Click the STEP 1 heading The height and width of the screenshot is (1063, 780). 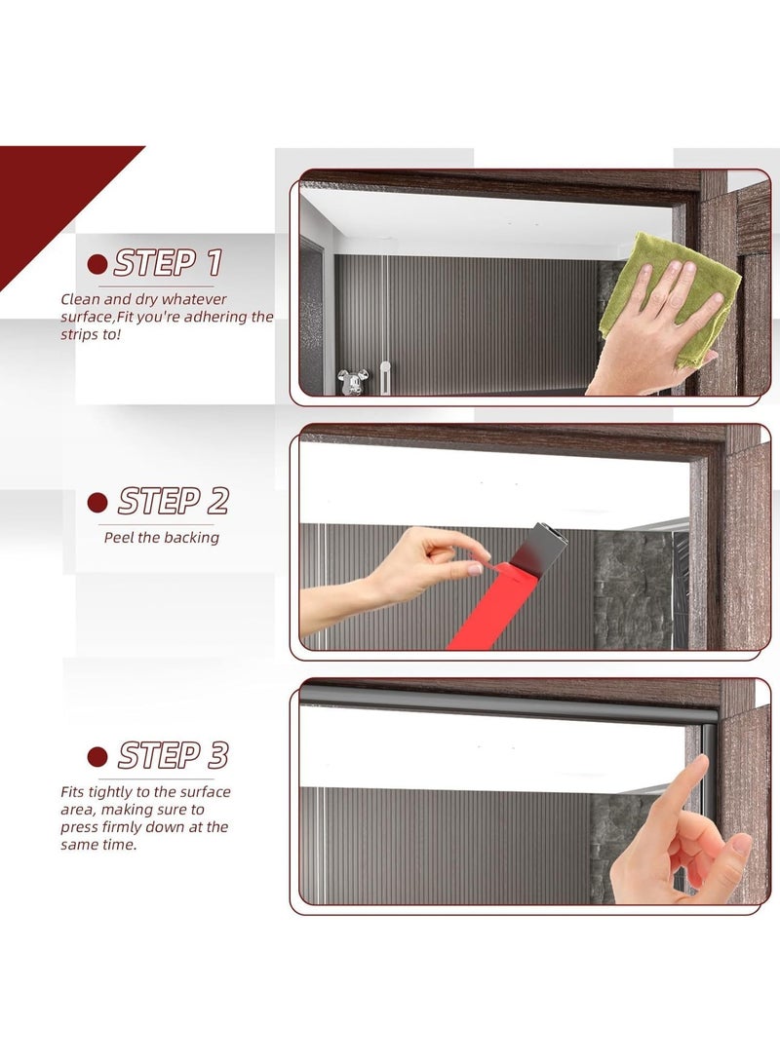pos(168,263)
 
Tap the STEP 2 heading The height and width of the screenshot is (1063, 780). pos(173,502)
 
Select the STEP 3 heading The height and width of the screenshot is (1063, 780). pos(173,755)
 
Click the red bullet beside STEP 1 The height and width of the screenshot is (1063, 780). pos(97,264)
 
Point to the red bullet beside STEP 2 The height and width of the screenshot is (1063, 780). pos(97,503)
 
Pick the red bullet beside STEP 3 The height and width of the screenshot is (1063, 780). pos(97,756)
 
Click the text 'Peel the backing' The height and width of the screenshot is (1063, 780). pos(162,537)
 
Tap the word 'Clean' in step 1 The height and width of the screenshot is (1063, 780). pos(81,299)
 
